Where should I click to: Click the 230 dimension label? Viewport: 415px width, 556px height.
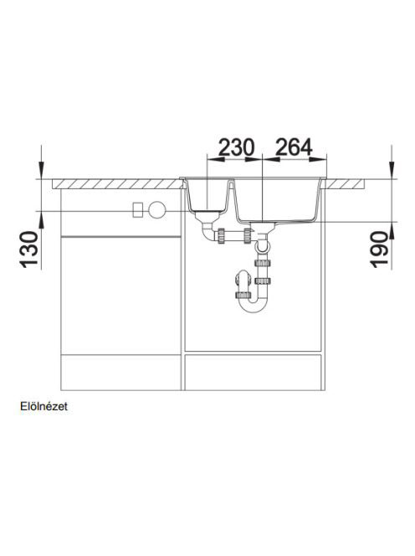(x=237, y=147)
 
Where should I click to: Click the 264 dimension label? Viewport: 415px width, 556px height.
(x=294, y=147)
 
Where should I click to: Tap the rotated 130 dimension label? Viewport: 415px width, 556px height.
(x=29, y=250)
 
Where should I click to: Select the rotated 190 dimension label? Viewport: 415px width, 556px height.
(x=378, y=250)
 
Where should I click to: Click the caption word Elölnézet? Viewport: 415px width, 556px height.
(x=44, y=406)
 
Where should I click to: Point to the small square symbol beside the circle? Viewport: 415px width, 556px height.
(x=137, y=209)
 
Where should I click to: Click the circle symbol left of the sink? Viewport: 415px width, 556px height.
(x=156, y=209)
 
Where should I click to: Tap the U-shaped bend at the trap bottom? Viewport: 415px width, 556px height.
(x=254, y=304)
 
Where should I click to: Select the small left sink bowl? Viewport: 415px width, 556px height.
(x=208, y=196)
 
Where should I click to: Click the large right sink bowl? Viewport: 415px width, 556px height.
(x=277, y=200)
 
